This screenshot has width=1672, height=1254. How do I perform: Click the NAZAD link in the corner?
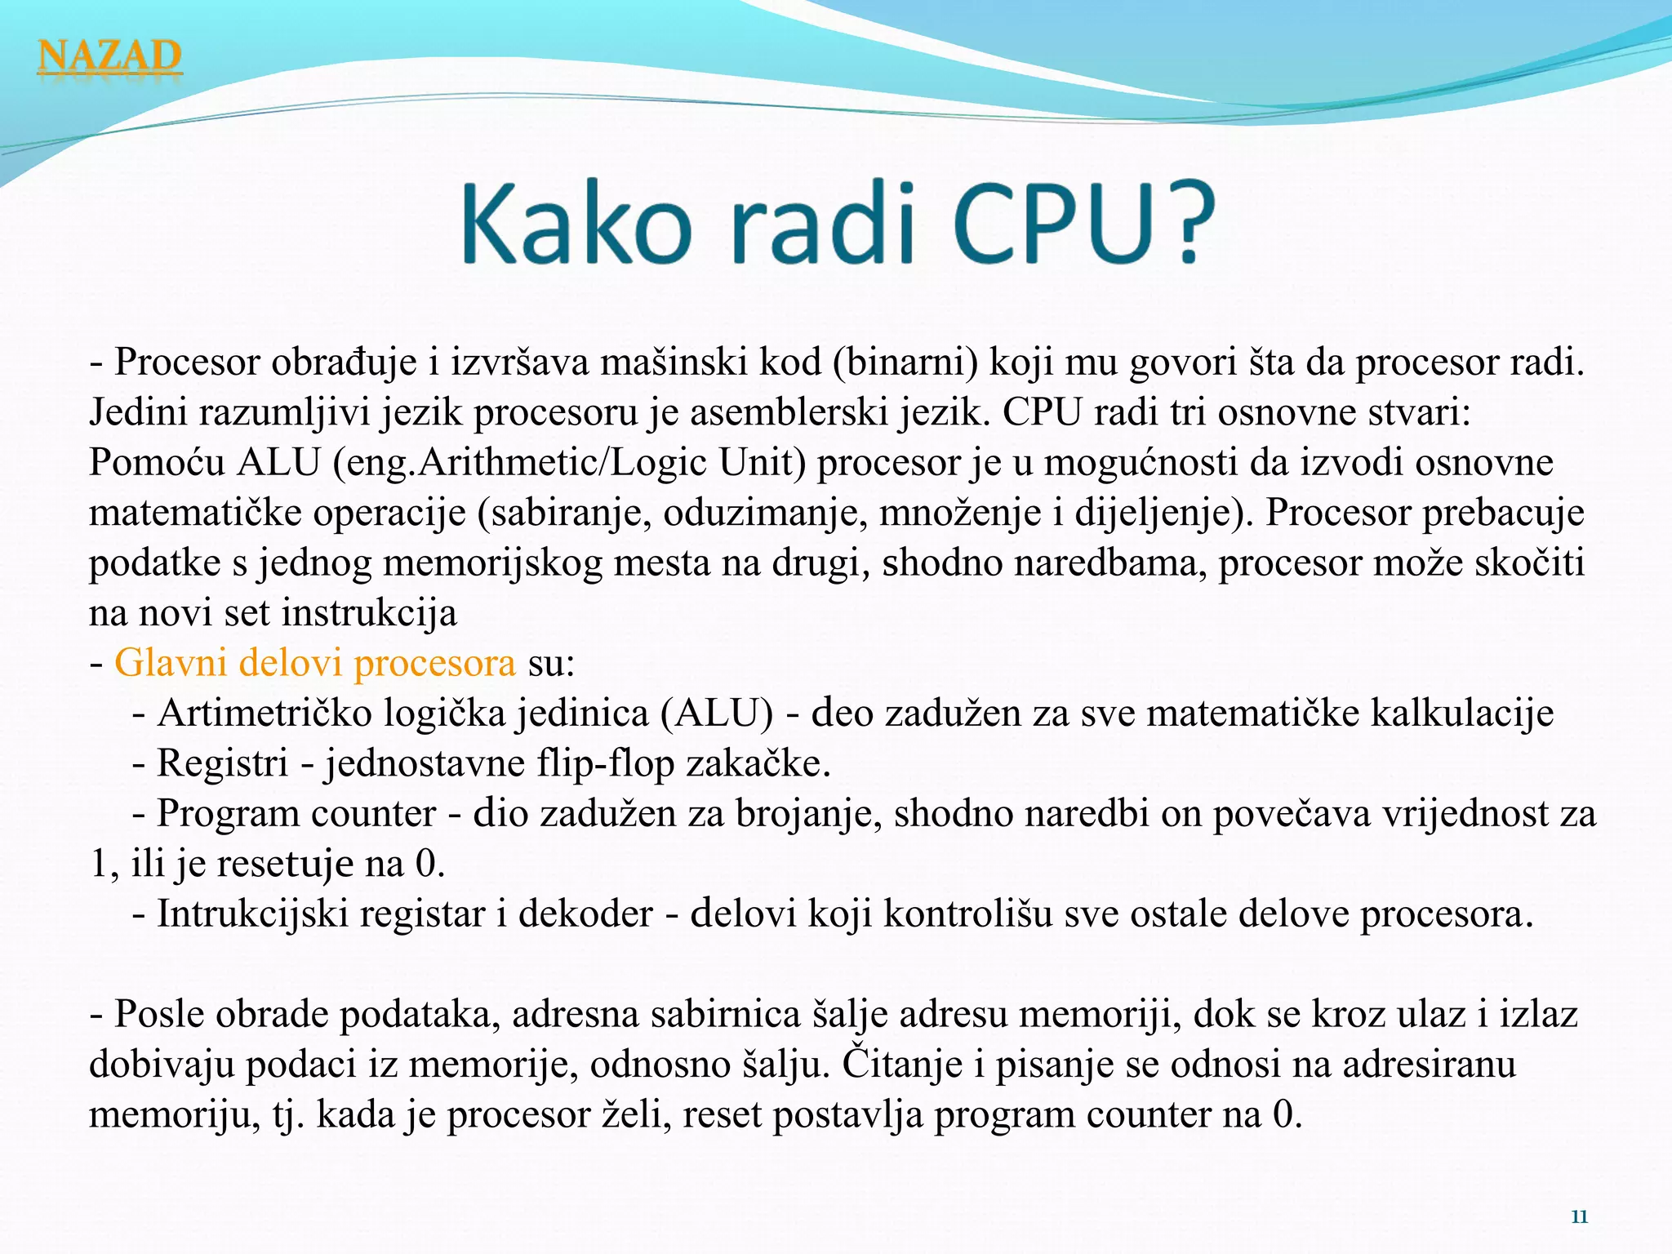(109, 56)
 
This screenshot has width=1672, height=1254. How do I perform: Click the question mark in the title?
(1179, 221)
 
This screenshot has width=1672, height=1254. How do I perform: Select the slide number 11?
(1579, 1217)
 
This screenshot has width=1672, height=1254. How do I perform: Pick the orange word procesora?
(434, 663)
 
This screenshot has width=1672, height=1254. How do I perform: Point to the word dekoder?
(585, 914)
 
